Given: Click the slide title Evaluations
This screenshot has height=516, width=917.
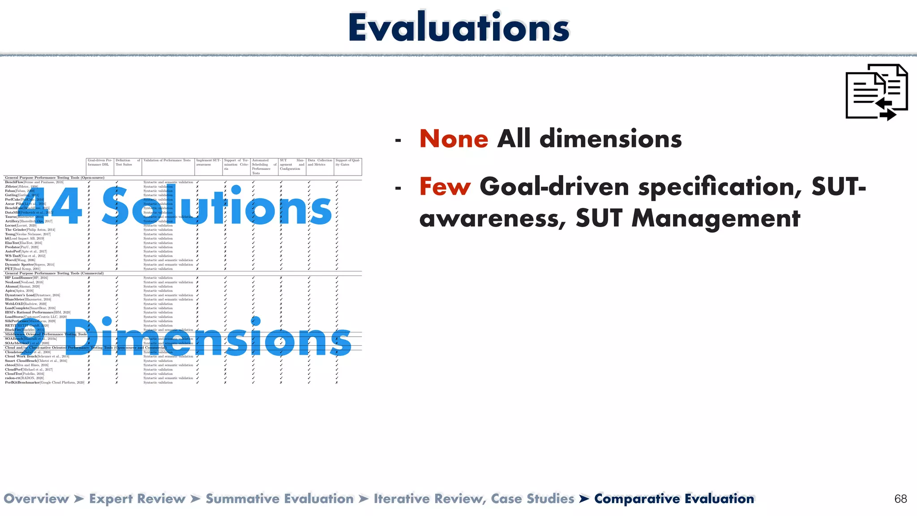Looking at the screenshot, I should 458,28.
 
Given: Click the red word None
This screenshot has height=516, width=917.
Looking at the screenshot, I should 454,138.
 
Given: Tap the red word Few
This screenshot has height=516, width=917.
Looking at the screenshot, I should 445,186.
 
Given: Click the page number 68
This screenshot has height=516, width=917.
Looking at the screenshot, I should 900,499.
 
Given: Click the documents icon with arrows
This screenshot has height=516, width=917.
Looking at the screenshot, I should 876,92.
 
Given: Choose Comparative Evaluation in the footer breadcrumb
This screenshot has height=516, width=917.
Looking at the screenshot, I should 674,499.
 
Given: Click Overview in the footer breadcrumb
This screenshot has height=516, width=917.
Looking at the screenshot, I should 36,499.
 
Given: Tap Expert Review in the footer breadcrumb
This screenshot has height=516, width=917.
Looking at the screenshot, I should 137,499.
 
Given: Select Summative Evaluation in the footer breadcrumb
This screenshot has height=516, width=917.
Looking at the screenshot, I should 279,499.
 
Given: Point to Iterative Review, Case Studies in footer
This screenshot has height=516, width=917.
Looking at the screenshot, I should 474,499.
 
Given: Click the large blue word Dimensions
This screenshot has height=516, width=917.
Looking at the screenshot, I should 208,339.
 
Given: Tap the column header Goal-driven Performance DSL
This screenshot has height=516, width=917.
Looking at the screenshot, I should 100,162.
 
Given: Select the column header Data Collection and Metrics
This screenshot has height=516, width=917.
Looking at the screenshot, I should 320,162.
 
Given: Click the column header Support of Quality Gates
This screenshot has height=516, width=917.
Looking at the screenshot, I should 347,162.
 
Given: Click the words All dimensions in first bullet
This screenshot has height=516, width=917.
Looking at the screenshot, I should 589,138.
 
